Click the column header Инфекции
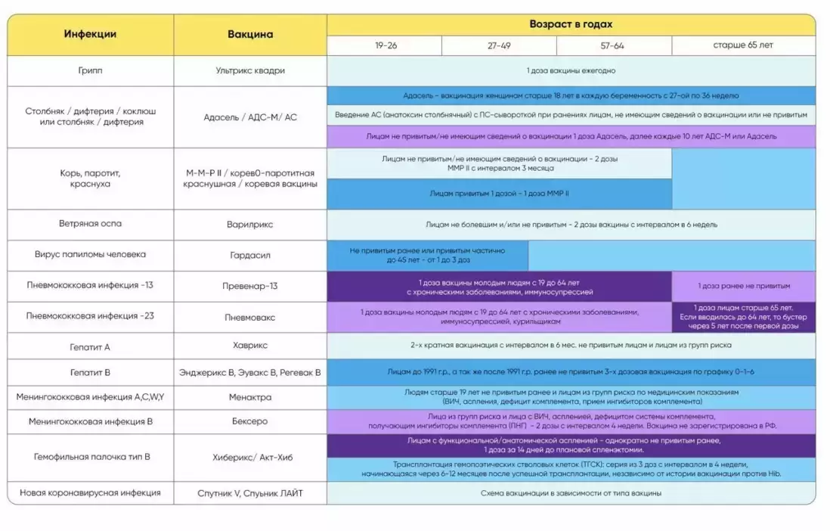tap(90, 34)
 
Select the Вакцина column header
tap(250, 34)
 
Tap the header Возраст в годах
tap(571, 24)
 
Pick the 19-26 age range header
tap(386, 45)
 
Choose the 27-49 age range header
tap(499, 45)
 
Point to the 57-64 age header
tap(612, 45)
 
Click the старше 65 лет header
tap(743, 45)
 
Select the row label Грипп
tap(90, 70)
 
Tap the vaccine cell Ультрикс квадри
tap(250, 70)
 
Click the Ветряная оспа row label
tap(90, 224)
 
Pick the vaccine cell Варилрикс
tap(250, 225)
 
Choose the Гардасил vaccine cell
tap(250, 256)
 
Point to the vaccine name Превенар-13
tap(250, 286)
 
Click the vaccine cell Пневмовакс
tap(250, 317)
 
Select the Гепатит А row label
tap(90, 346)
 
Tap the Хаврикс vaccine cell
tap(250, 345)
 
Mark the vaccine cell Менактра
tap(250, 396)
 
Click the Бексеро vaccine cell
tap(250, 421)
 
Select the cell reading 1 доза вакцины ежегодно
tap(571, 70)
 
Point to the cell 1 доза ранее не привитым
tap(744, 286)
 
